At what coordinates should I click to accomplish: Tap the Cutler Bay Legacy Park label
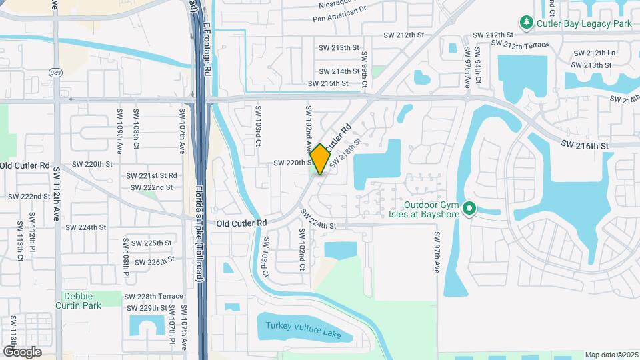[x=583, y=23]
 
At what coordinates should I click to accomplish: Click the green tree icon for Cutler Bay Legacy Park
[x=527, y=23]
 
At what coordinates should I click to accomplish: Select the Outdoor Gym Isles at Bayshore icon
[x=469, y=209]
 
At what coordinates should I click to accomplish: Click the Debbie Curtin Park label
[x=83, y=301]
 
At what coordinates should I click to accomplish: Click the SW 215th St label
[x=328, y=83]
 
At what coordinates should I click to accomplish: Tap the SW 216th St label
[x=585, y=145]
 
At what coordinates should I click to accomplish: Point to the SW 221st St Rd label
[x=152, y=175]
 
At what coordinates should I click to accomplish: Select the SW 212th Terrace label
[x=520, y=45]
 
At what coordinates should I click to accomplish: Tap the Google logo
[x=22, y=351]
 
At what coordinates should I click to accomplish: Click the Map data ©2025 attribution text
[x=611, y=355]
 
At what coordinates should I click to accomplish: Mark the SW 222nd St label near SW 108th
[x=153, y=187]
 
